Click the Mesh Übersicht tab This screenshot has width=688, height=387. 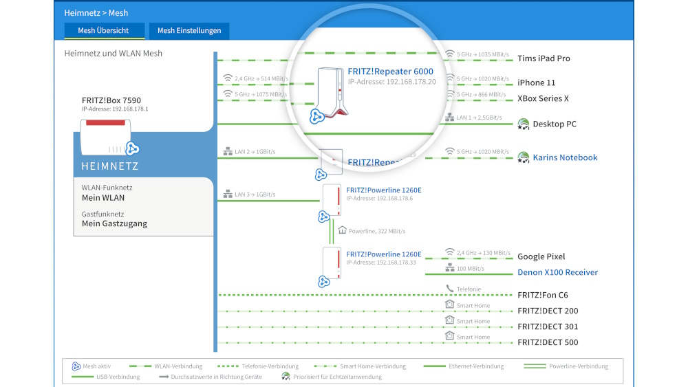pos(105,31)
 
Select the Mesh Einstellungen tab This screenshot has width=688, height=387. pos(189,31)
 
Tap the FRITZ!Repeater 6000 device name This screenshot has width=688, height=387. pos(390,71)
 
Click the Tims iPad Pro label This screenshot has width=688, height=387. pos(544,58)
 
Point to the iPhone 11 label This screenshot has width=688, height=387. pos(536,82)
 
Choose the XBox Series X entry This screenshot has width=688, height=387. pos(543,98)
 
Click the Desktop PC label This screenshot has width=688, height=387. pos(555,124)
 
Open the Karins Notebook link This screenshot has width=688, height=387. pos(565,157)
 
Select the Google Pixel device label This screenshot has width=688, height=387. pos(541,256)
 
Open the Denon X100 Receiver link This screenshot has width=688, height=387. pos(557,272)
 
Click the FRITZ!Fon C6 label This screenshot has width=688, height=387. pos(543,295)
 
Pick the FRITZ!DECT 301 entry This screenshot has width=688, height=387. pos(548,327)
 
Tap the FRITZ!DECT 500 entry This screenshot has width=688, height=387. pos(548,342)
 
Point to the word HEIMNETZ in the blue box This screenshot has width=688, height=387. pos(110,166)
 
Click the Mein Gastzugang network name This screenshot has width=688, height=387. pos(114,223)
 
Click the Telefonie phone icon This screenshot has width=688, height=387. pos(450,289)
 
